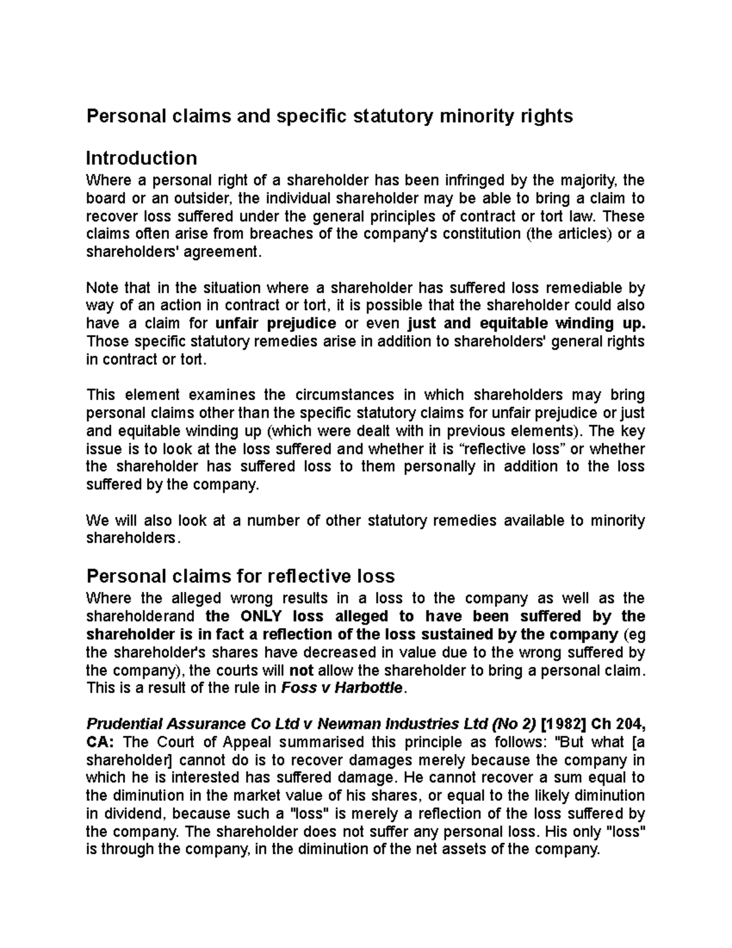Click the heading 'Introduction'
point(142,158)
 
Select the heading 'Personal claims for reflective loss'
point(241,576)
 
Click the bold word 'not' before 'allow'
point(301,670)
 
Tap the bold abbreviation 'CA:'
point(100,743)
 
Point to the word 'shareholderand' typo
point(141,616)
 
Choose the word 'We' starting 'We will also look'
point(98,521)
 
